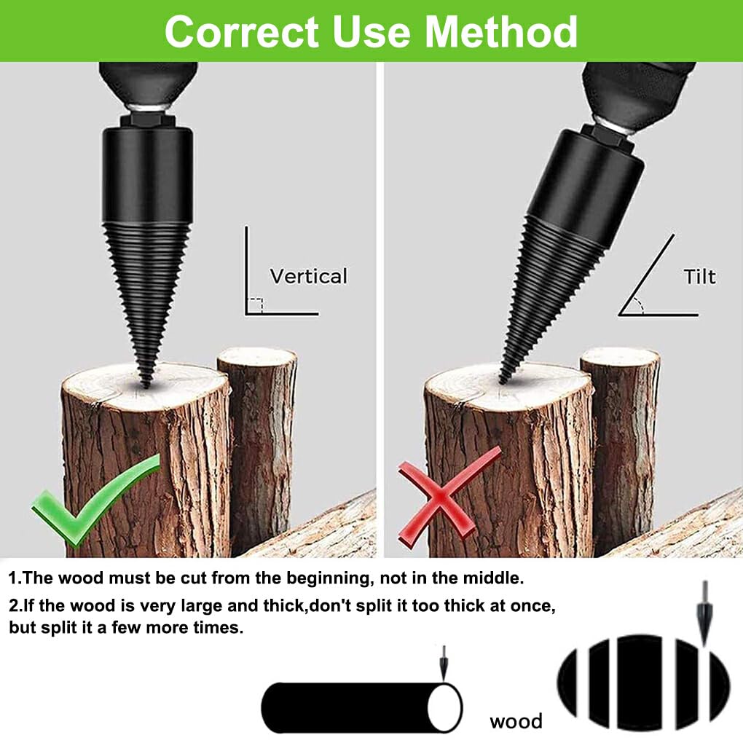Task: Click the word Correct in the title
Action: click(x=242, y=32)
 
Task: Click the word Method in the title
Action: click(x=501, y=32)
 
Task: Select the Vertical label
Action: click(x=308, y=276)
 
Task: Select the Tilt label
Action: click(x=699, y=277)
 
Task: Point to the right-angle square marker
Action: click(x=255, y=305)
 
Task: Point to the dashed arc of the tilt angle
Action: click(x=639, y=306)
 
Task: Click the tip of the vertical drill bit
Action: click(x=146, y=388)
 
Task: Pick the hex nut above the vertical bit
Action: click(x=147, y=120)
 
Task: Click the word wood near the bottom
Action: click(x=516, y=721)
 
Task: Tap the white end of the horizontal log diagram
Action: click(x=444, y=707)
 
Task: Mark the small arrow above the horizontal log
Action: click(x=444, y=662)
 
